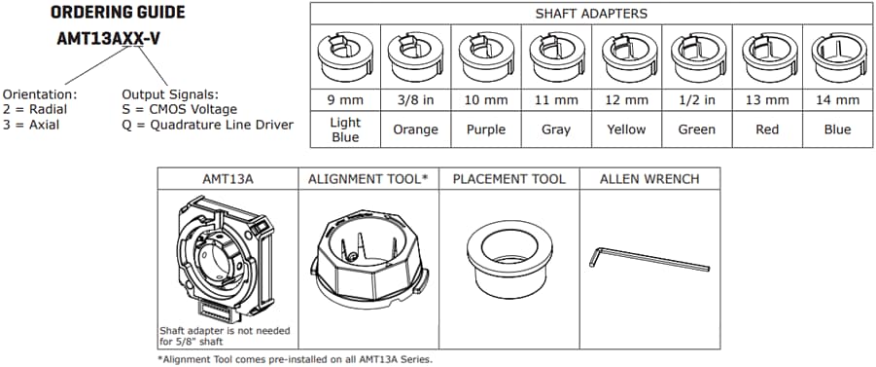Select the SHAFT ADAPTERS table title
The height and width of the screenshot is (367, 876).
coord(590,14)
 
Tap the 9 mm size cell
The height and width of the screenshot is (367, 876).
coord(344,99)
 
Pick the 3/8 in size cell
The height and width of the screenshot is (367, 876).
coord(414,99)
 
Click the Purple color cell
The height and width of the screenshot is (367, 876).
coord(484,129)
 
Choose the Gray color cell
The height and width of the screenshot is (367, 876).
coord(555,129)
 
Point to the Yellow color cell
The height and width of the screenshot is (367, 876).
coord(626,129)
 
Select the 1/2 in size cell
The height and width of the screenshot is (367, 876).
coord(696,99)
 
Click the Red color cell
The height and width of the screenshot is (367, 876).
coord(766,129)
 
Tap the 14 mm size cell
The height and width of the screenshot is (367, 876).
coord(837,99)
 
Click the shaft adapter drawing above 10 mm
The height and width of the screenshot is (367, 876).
coord(484,57)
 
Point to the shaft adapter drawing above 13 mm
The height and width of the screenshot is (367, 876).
coord(766,57)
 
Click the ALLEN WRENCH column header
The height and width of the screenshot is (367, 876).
coord(648,179)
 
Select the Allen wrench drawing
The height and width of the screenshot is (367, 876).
coord(649,259)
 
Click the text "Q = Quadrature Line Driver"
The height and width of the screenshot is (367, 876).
coord(207,125)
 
